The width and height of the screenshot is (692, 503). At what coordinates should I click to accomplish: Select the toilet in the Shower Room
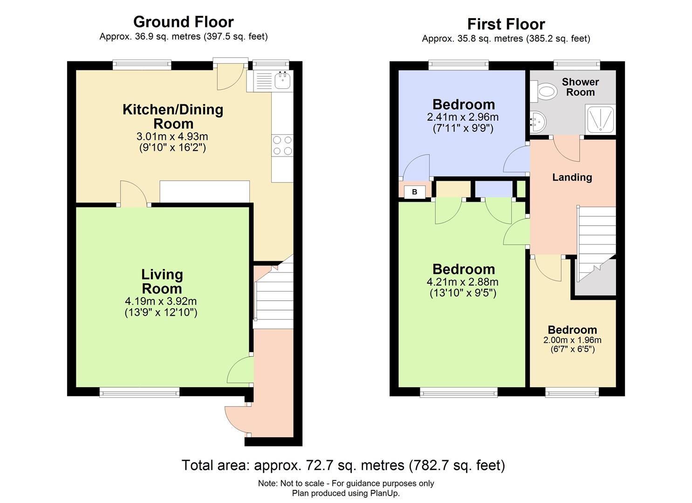coord(544,91)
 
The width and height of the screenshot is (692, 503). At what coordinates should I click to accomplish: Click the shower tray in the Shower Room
coord(600,120)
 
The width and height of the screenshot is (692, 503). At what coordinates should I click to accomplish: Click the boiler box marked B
coord(414,192)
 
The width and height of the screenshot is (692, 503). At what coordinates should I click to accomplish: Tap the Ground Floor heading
coord(183,22)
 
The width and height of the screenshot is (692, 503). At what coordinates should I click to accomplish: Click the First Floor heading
coord(506,24)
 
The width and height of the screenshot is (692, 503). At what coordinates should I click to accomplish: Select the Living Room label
coord(162,281)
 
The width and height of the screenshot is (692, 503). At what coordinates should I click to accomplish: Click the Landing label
coord(572,177)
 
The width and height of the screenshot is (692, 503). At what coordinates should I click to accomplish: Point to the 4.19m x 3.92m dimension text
coord(161,301)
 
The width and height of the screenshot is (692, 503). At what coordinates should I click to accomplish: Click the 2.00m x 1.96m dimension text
coord(572,340)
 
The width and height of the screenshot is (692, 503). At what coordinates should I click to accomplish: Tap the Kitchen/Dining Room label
coord(173,116)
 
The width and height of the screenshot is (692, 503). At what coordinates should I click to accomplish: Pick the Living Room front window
coord(139,393)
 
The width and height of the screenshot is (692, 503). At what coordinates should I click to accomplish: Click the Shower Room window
coord(576,65)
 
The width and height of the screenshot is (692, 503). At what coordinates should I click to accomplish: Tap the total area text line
coord(343,465)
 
